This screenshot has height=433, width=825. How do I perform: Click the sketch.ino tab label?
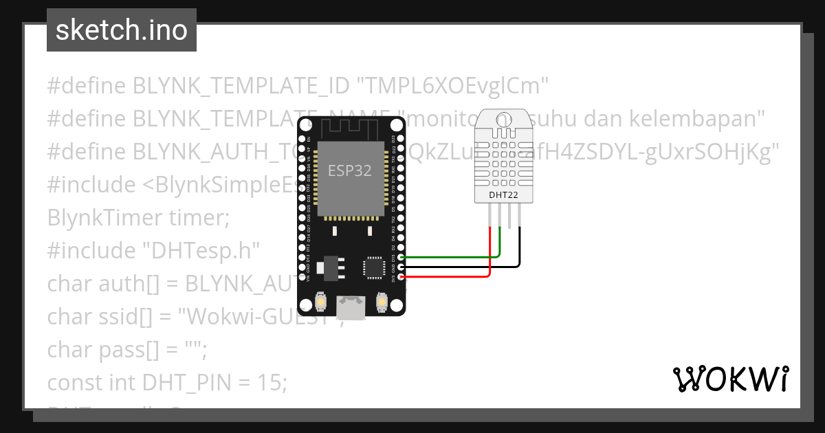[121, 30]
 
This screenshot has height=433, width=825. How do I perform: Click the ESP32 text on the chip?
[350, 171]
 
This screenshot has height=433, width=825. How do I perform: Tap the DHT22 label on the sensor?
[504, 195]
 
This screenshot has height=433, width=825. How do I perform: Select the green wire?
[447, 257]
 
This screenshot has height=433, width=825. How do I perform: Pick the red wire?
[447, 276]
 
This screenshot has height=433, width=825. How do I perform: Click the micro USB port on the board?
[351, 307]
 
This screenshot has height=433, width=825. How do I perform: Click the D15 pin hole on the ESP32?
[401, 257]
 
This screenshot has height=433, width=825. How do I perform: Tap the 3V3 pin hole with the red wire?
[401, 276]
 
